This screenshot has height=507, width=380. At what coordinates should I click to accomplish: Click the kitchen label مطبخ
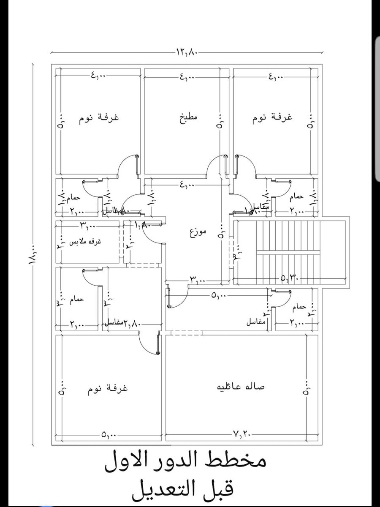pyautogui.click(x=187, y=117)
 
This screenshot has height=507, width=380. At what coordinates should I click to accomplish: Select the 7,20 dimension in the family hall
pyautogui.click(x=241, y=434)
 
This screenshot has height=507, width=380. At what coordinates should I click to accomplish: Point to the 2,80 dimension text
pyautogui.click(x=132, y=324)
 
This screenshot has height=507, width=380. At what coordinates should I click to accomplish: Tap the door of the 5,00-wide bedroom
pyautogui.click(x=149, y=343)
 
